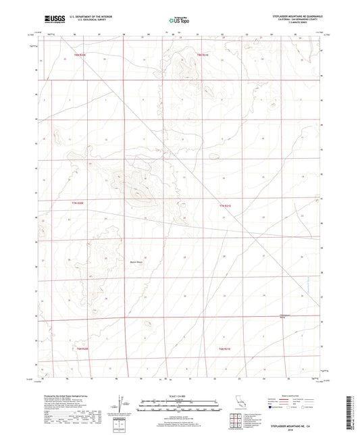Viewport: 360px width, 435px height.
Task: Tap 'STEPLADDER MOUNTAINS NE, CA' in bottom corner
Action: pyautogui.click(x=292, y=426)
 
